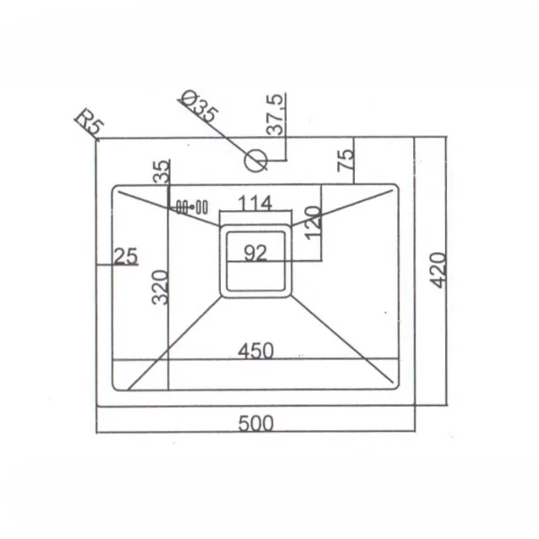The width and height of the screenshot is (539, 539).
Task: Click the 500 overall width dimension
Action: point(256,423)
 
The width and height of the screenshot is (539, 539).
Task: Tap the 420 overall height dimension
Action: point(438,270)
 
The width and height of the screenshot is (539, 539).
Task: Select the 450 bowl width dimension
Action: point(256,351)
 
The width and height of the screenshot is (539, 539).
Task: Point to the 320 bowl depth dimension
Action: point(160,287)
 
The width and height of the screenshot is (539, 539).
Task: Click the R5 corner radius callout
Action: point(89,122)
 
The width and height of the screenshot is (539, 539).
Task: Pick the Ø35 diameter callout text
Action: point(199,105)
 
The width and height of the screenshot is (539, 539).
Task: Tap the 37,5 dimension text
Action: point(275,114)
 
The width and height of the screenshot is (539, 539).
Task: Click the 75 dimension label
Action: point(345,160)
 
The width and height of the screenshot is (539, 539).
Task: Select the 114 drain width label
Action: point(255,203)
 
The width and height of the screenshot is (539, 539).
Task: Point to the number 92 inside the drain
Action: point(255,253)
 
